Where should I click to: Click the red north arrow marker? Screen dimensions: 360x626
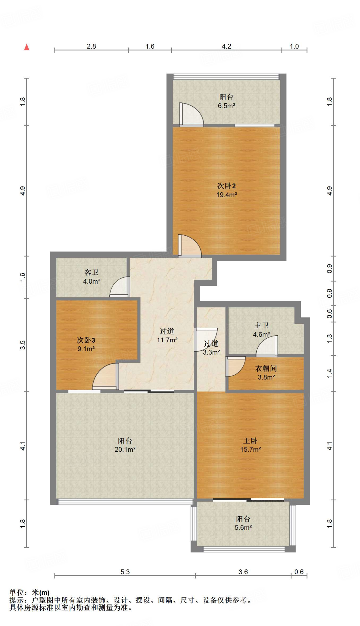pos(27,47)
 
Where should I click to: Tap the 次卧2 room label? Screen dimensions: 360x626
pos(226,186)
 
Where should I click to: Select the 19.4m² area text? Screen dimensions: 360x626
pos(227,195)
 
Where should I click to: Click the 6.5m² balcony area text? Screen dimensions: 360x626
pos(226,106)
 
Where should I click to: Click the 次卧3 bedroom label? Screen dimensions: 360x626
pos(86,340)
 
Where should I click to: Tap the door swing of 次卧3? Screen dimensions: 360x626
pos(105,377)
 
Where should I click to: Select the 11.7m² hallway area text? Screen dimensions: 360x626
pos(167,340)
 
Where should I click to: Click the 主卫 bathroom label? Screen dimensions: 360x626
pos(262,326)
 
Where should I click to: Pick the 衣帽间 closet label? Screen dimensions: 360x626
pos(266,368)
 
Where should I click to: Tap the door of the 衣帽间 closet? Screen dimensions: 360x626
pos(235,366)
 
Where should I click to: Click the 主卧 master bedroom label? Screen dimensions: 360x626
pos(250,440)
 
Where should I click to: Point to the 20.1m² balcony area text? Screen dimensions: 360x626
pos(125,449)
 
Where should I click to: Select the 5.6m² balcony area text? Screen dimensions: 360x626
pos(243,527)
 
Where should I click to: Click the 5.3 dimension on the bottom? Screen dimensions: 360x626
pos(125,572)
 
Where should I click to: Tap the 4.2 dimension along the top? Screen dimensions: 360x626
pos(226,46)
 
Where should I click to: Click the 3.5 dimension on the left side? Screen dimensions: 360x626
pos(23,345)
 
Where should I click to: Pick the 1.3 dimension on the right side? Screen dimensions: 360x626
pos(329,338)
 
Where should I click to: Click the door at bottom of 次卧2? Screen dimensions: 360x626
pos(190,246)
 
